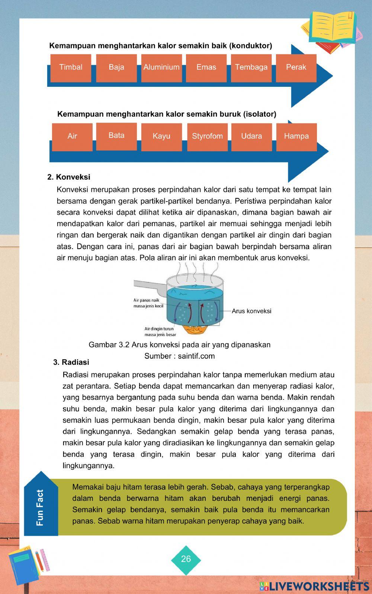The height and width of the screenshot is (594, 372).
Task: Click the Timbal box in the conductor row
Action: click(71, 67)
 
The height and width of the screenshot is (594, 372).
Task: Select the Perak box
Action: click(296, 67)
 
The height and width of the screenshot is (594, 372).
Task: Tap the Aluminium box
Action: click(161, 67)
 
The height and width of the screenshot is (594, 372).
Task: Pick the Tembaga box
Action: click(251, 67)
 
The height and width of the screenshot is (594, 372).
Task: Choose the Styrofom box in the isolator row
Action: click(207, 136)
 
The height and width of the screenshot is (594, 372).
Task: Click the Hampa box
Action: click(296, 136)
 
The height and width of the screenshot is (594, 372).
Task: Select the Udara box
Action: click(251, 136)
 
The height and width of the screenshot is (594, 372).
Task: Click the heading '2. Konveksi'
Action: click(69, 177)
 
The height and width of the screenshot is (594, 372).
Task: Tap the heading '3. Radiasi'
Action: click(71, 362)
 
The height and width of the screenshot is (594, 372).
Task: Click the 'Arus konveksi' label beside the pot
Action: click(251, 311)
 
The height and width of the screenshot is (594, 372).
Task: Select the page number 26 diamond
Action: click(186, 559)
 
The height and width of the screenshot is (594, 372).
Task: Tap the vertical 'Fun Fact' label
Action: click(40, 508)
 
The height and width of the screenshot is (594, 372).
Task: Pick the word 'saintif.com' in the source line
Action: click(196, 356)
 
